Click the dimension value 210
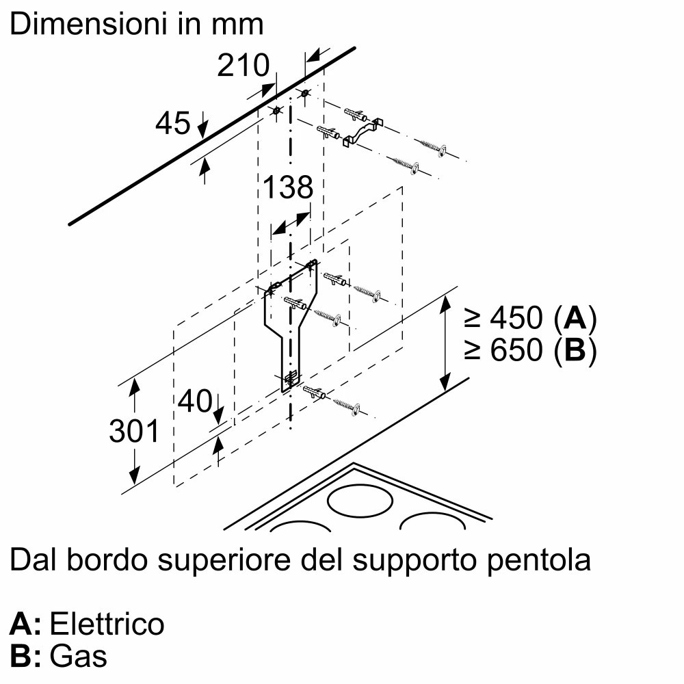[x=243, y=66]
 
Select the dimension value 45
[x=173, y=124]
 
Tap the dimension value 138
[x=288, y=187]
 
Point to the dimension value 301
[x=134, y=431]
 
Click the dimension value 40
[x=194, y=402]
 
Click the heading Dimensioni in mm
[x=137, y=25]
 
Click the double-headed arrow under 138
[x=289, y=224]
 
